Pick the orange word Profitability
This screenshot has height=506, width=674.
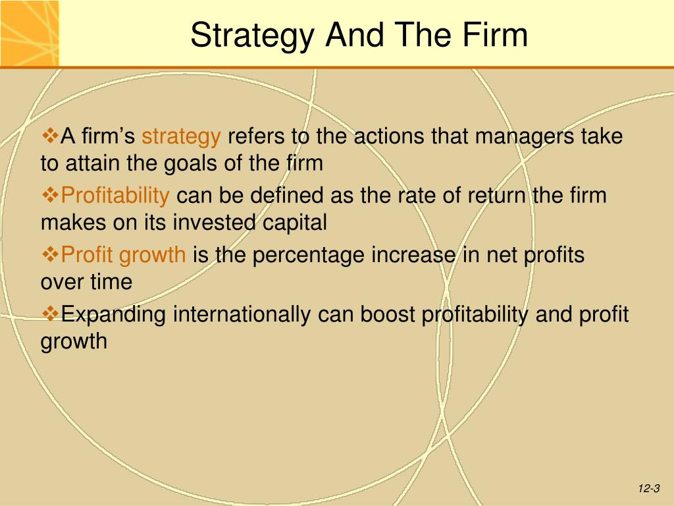115,196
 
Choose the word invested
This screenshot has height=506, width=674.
214,223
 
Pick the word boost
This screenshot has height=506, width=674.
387,314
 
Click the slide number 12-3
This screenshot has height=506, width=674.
649,488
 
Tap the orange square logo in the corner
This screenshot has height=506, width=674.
29,33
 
